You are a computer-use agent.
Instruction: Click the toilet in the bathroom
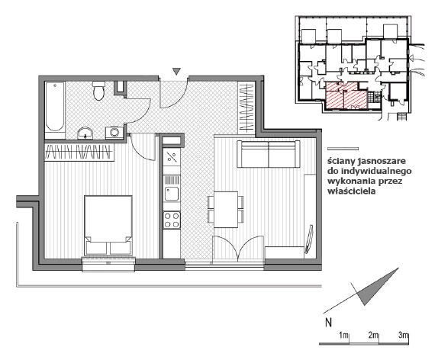click(x=98, y=91)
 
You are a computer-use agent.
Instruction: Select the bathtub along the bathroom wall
click(x=55, y=110)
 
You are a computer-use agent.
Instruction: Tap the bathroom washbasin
click(x=85, y=133)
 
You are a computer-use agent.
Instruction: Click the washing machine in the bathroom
click(x=114, y=132)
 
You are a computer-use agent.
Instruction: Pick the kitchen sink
click(x=171, y=194)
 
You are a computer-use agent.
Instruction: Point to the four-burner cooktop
click(x=172, y=220)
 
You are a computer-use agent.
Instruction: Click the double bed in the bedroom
click(x=108, y=225)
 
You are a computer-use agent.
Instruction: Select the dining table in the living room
click(x=226, y=210)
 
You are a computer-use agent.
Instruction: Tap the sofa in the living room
click(x=269, y=154)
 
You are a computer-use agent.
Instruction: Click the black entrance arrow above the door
click(x=176, y=71)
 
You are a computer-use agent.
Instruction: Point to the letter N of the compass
click(x=328, y=323)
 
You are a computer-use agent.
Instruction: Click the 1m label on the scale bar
click(x=344, y=335)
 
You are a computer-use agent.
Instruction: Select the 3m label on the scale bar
click(x=403, y=335)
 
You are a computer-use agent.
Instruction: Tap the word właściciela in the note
click(x=352, y=191)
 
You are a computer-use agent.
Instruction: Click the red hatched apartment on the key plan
click(x=346, y=95)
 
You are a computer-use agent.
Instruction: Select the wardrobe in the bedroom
click(x=79, y=152)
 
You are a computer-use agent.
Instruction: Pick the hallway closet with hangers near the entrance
click(x=246, y=108)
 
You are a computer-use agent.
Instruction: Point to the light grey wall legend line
click(x=343, y=149)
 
